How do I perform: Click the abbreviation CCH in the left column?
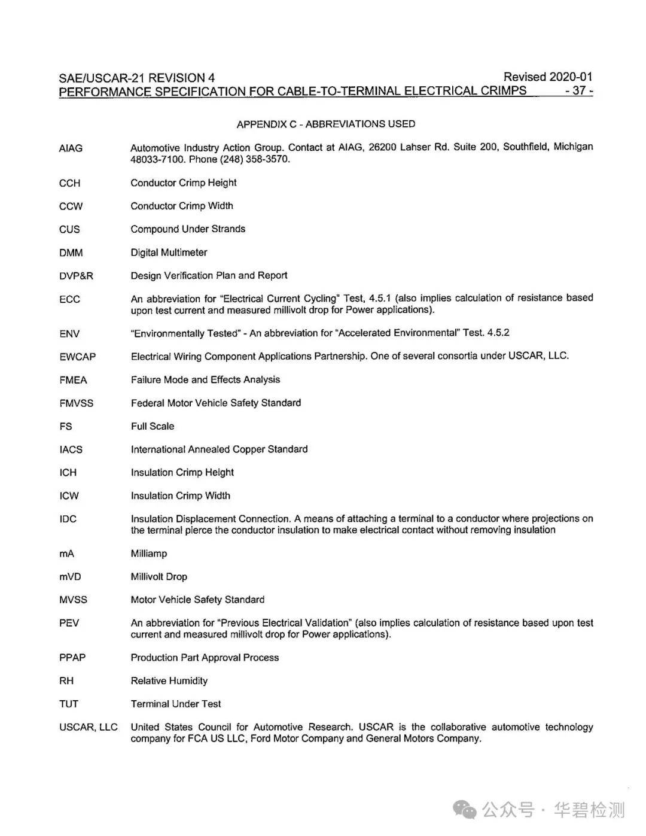(69, 183)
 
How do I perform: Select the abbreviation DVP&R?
(76, 276)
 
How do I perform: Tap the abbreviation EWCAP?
(77, 357)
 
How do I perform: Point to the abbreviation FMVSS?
(76, 403)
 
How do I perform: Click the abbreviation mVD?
(70, 577)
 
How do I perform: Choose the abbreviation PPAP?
(72, 658)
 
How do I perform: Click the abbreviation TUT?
(69, 704)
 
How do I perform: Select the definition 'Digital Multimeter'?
(169, 253)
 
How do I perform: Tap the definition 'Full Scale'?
(153, 426)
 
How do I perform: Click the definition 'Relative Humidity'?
(169, 681)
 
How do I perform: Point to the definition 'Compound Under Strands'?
(188, 229)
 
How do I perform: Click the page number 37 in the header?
(578, 91)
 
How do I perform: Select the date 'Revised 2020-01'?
(547, 77)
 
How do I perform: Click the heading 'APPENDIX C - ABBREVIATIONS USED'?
(325, 124)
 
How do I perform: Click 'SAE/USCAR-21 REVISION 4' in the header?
(136, 78)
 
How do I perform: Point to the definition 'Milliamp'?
(149, 554)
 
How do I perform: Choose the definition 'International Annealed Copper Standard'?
(219, 449)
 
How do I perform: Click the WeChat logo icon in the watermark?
(464, 810)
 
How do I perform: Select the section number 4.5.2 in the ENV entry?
(498, 333)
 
